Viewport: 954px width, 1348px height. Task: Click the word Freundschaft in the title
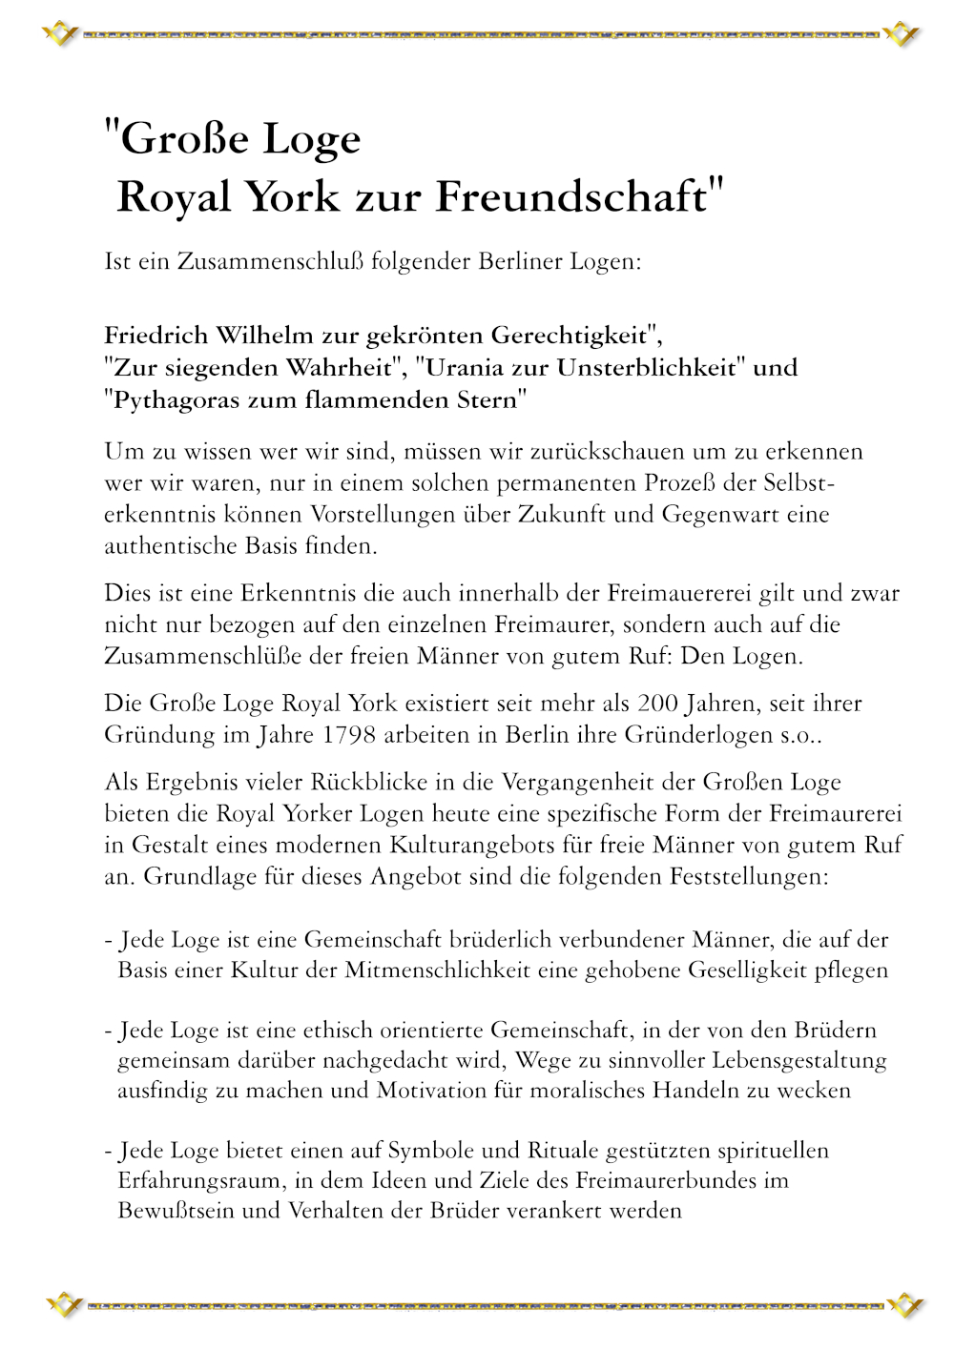point(571,197)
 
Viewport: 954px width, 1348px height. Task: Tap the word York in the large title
point(292,197)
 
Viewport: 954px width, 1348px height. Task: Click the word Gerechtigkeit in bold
point(569,336)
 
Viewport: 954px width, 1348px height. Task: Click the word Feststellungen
point(749,876)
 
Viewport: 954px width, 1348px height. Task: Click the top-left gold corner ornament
point(60,35)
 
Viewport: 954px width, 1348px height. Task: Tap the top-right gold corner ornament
point(901,35)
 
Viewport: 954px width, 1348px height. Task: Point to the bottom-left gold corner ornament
point(64,1305)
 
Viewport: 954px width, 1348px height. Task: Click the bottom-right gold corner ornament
point(904,1305)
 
